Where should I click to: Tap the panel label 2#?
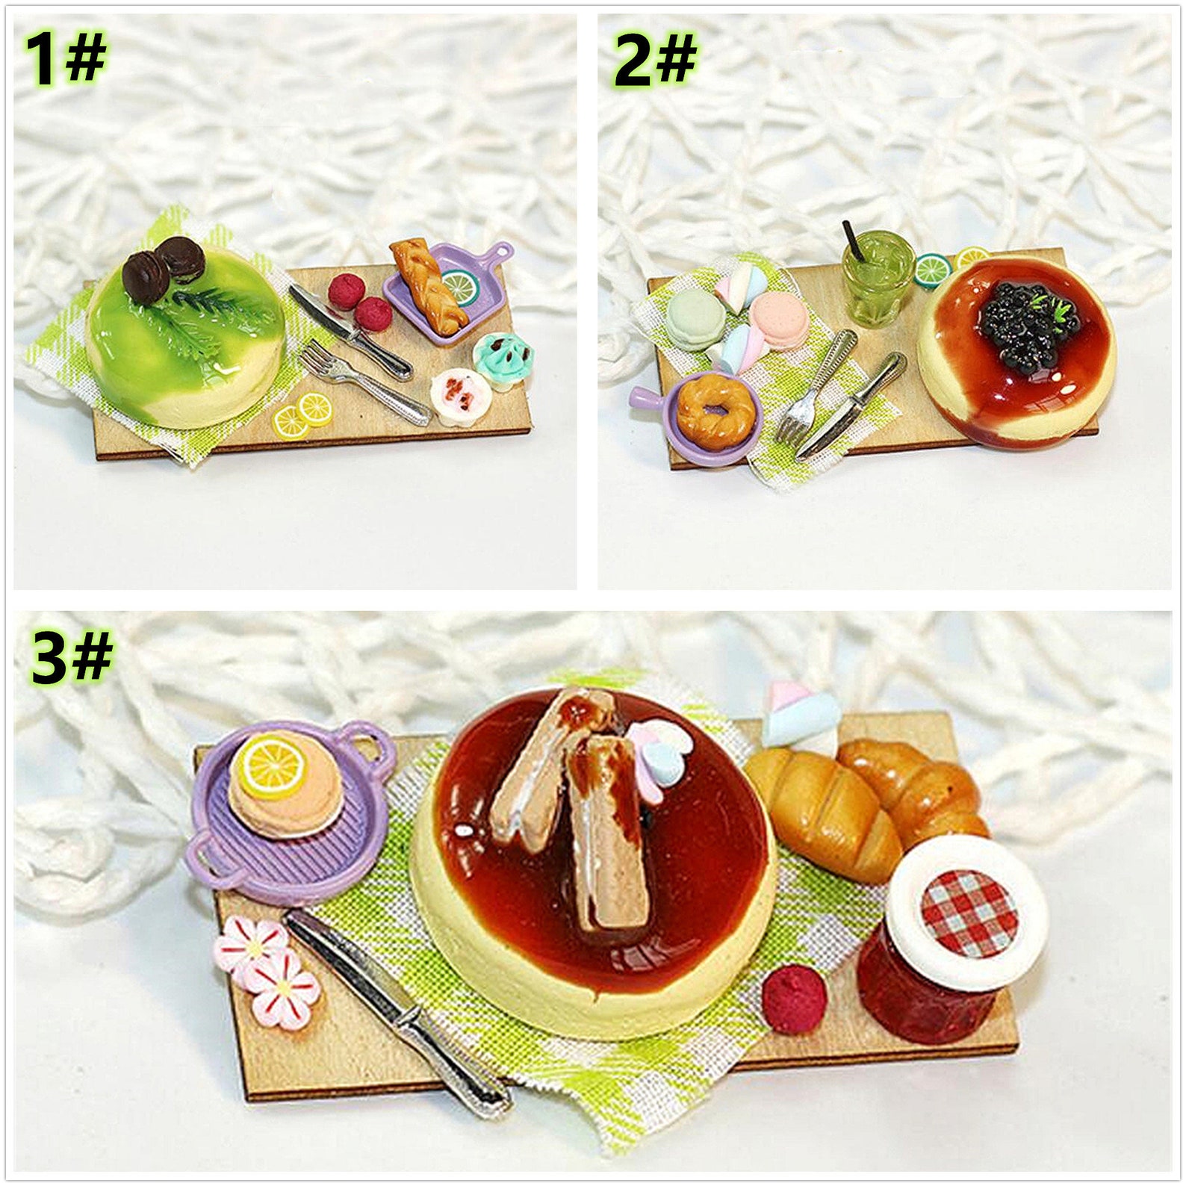click(655, 60)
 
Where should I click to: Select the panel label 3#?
click(72, 656)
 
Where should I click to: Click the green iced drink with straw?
click(878, 279)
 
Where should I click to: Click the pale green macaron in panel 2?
click(692, 317)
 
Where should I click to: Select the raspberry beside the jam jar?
click(794, 999)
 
